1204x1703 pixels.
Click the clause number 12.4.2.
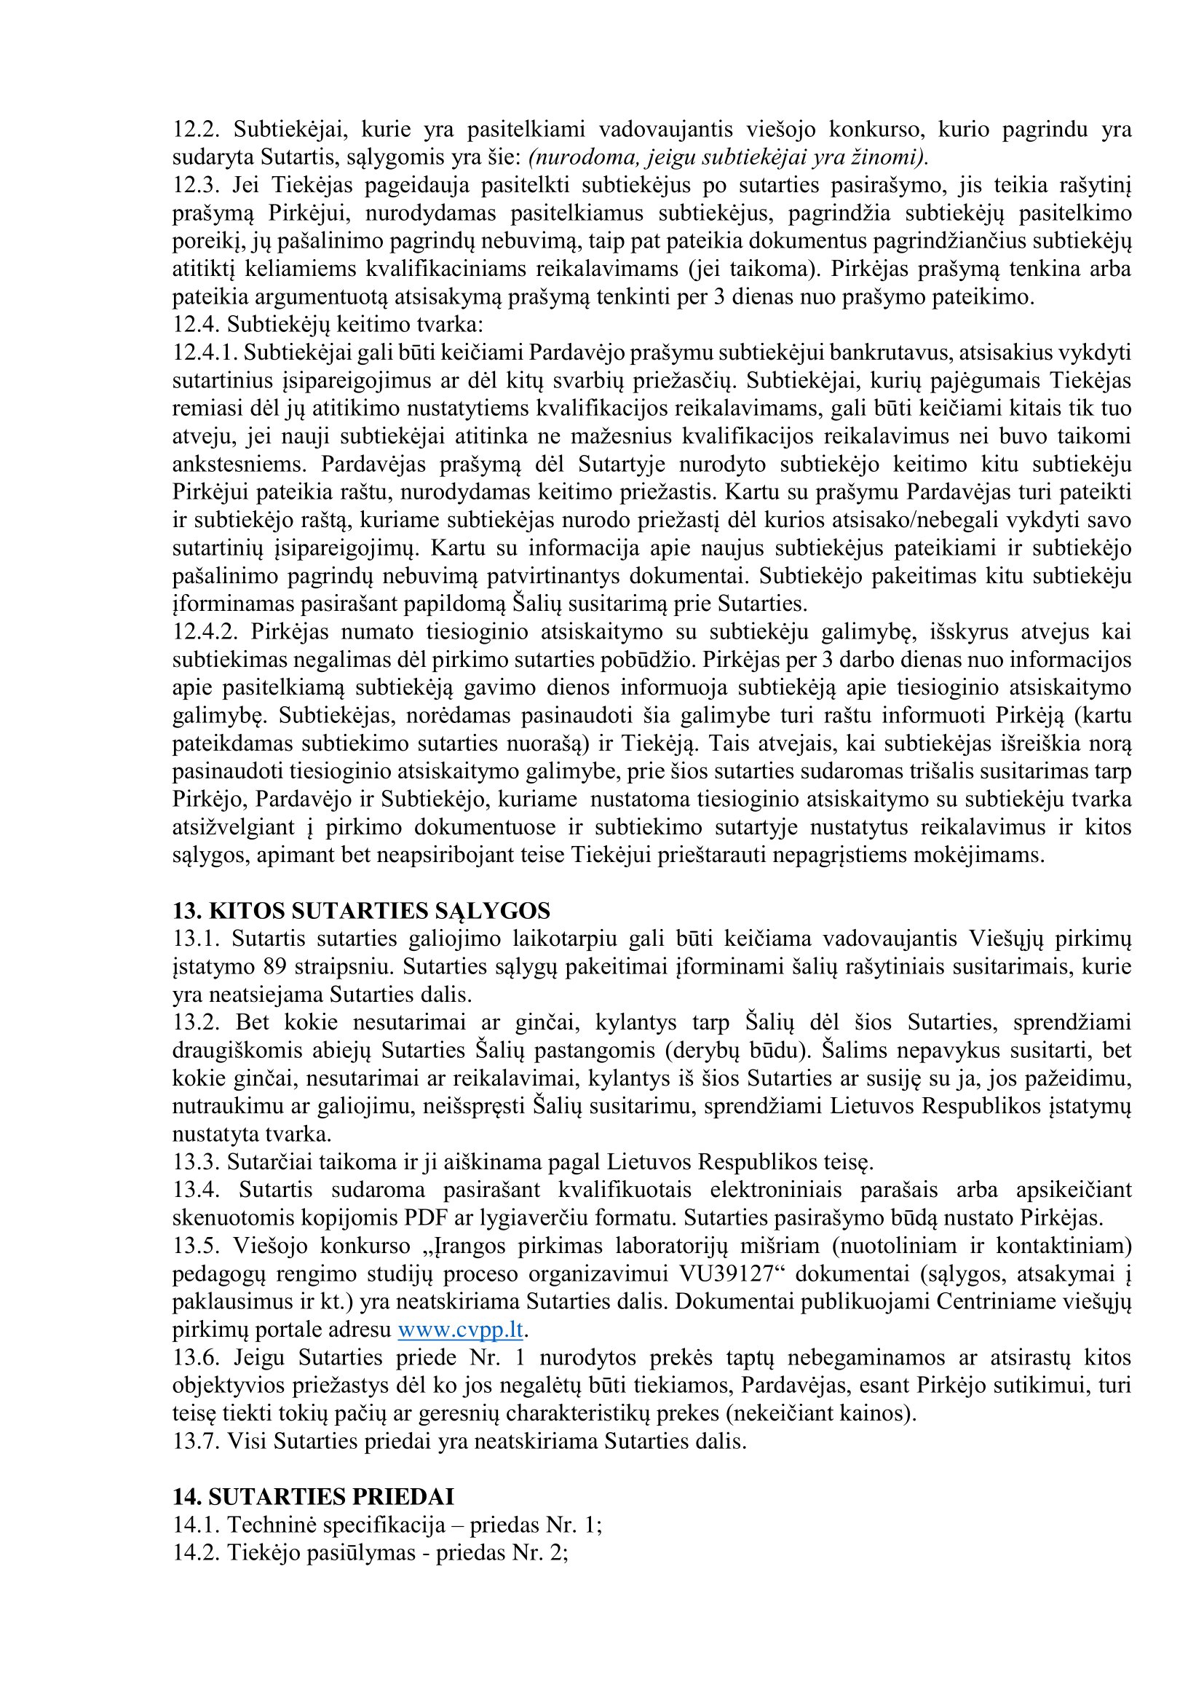205,632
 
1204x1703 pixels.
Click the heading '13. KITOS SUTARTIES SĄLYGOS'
362,911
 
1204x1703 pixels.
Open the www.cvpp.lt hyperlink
460,1329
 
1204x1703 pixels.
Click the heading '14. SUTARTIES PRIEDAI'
314,1497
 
